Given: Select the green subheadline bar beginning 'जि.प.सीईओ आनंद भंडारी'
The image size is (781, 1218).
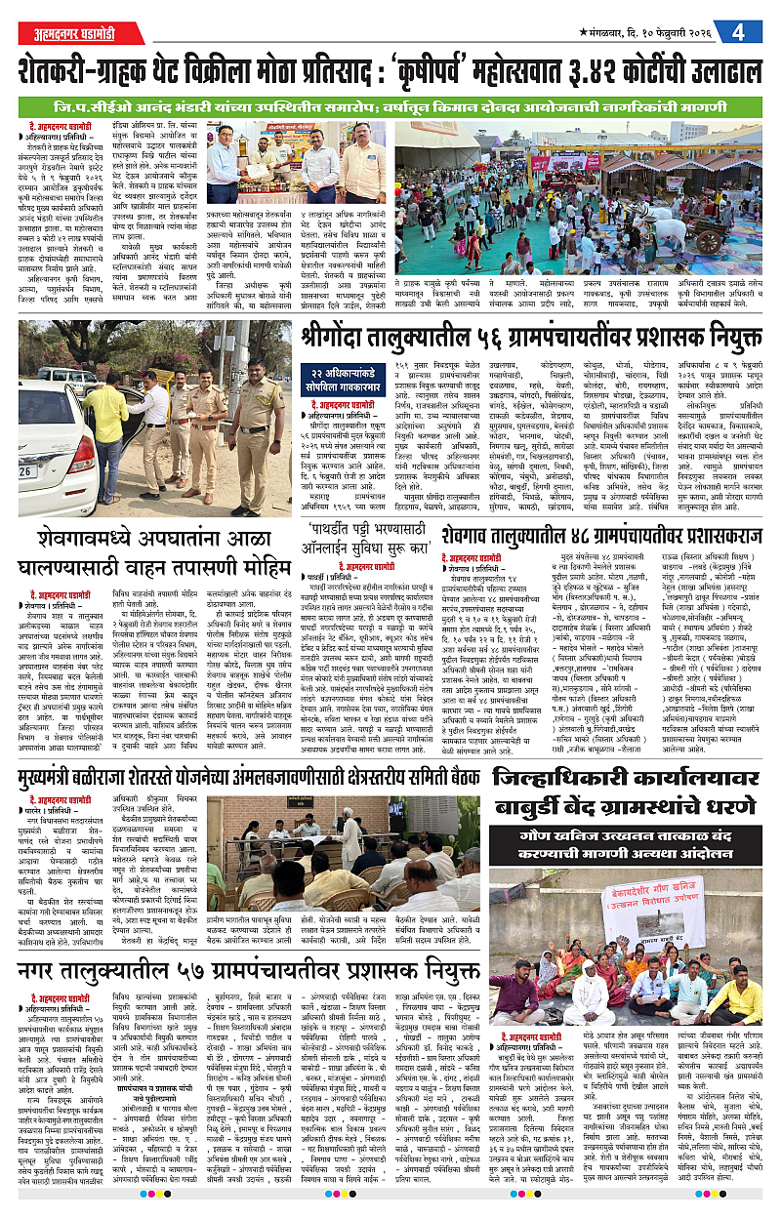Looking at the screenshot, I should pos(390,104).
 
